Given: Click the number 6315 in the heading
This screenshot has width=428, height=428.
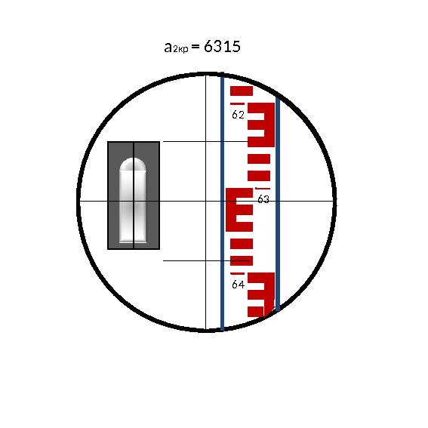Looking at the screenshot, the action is pos(222,46).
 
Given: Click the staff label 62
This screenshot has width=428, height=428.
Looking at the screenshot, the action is pos(238,115).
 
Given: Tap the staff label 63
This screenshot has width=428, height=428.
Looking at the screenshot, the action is pos(263,199).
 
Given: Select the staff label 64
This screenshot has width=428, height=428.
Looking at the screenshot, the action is pos(238,285).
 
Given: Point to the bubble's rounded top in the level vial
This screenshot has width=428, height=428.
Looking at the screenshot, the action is pos(133,165).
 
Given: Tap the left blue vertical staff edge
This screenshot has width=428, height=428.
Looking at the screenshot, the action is pos(222,202).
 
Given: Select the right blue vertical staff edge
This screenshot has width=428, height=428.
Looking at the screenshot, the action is pos(278,204).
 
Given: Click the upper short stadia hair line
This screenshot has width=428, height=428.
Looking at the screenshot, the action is pos(205,141).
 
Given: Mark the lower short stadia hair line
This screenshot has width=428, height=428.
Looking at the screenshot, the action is pos(206,260).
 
